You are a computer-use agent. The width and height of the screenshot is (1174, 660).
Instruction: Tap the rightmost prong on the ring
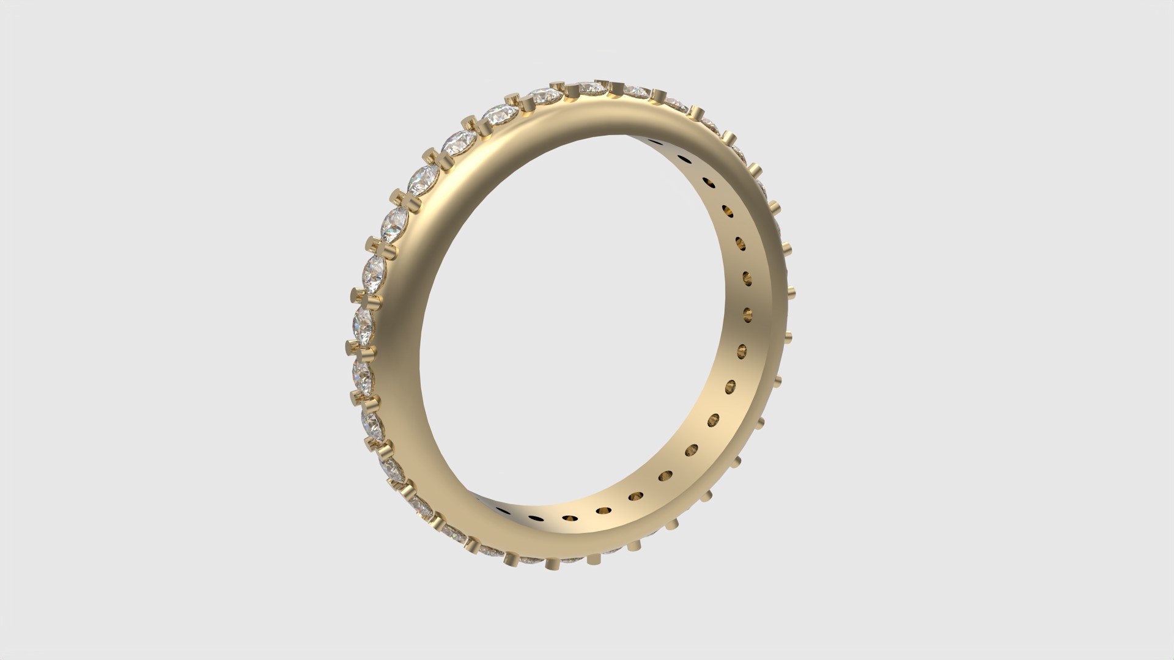791,290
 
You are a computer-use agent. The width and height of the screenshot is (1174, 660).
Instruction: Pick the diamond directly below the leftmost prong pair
363,373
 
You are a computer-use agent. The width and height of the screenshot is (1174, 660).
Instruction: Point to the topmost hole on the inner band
656,142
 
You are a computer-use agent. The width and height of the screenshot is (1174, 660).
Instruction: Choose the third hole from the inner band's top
709,182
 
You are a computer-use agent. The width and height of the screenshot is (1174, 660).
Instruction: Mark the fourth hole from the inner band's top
728,211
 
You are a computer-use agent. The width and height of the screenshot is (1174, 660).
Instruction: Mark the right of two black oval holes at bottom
537,517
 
